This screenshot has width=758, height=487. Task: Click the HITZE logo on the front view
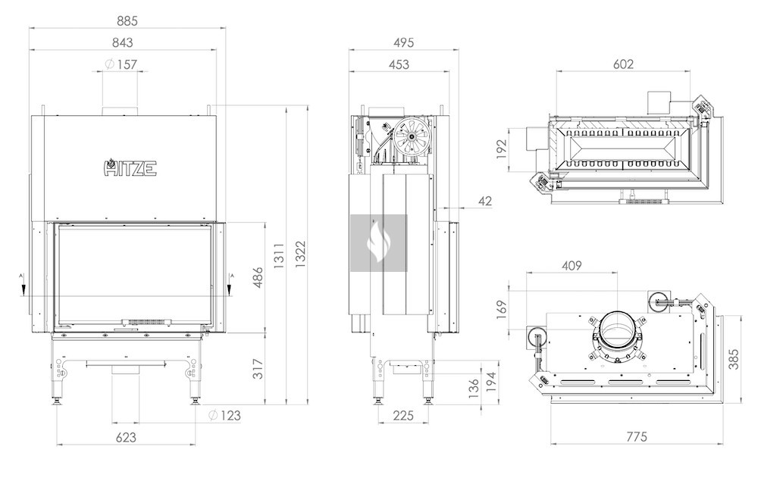click(130, 167)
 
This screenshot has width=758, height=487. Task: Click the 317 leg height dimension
click(257, 368)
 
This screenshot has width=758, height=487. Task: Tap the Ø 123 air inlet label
click(225, 415)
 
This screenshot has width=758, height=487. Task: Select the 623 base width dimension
click(127, 437)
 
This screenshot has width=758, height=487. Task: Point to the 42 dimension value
click(486, 201)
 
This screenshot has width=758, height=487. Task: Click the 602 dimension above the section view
click(622, 64)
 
